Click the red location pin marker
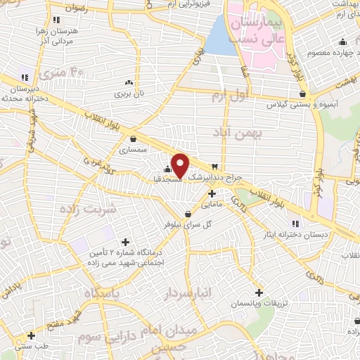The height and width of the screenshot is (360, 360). click(180, 165)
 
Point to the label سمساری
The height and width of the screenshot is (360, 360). click(133, 150)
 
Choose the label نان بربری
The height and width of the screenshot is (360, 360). click(129, 93)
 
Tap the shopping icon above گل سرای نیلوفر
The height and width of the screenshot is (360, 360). click(188, 214)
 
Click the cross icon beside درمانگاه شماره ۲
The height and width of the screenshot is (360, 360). click(126, 243)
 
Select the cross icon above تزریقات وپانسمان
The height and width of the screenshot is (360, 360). click(259, 292)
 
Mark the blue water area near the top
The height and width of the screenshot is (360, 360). click(220, 39)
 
